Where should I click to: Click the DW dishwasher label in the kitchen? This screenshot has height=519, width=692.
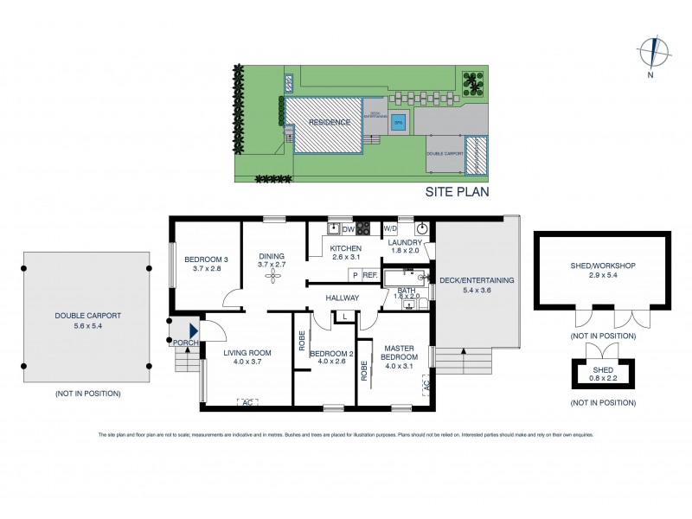point(348,229)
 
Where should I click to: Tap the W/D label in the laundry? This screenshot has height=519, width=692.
point(389,229)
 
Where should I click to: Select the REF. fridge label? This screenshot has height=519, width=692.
point(369,275)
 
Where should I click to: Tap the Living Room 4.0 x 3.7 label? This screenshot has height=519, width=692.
point(247,356)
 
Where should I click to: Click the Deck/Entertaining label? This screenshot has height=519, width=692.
point(477,285)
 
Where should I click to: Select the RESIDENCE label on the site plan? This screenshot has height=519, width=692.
point(330,123)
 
